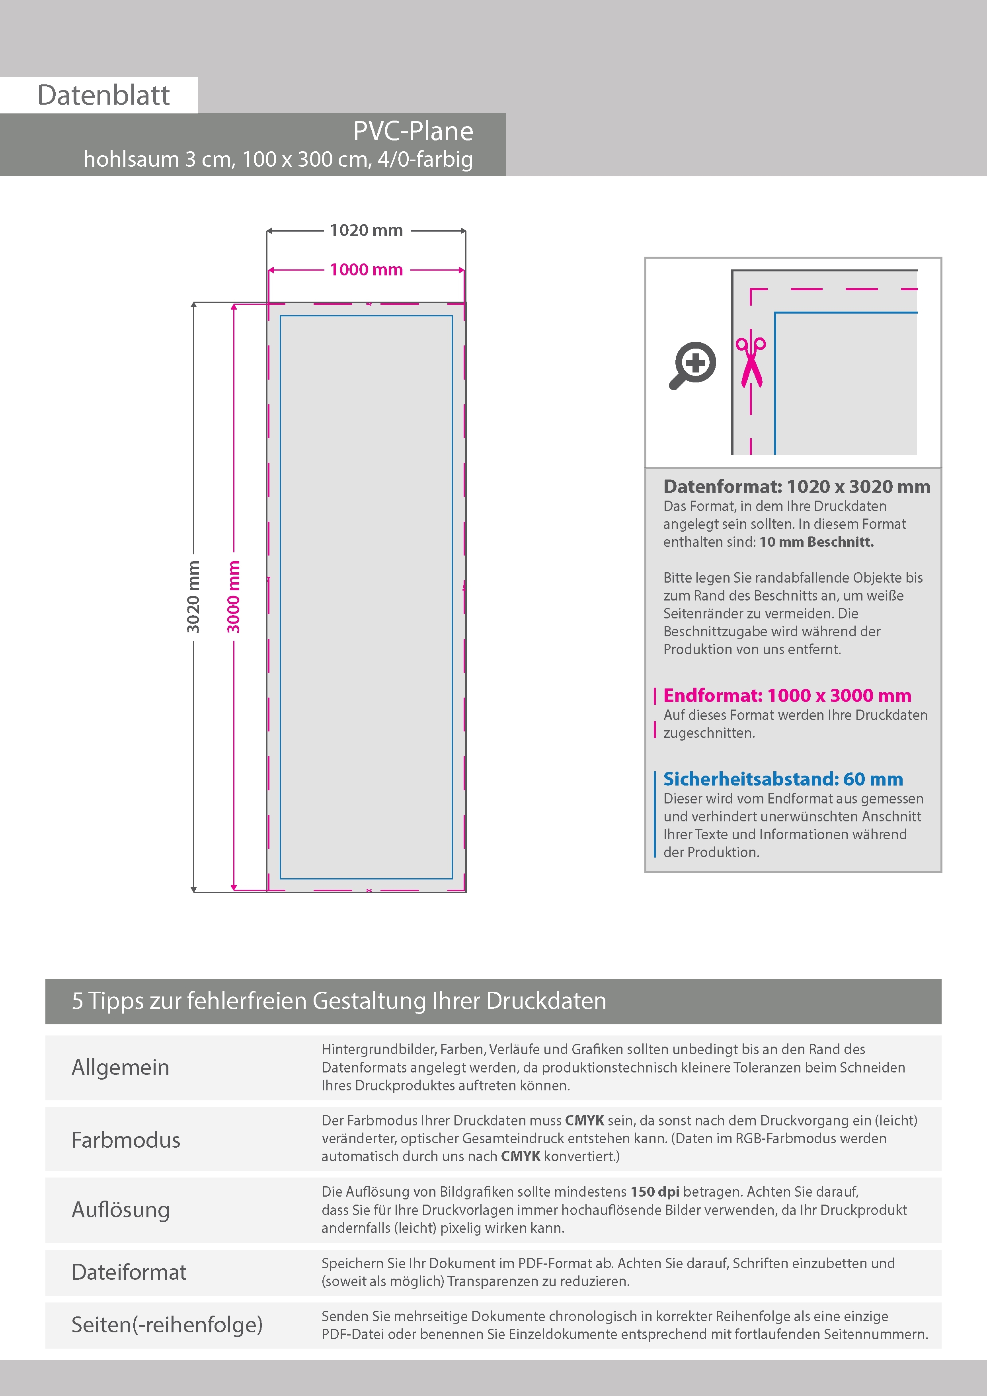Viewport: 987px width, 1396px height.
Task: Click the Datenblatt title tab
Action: pyautogui.click(x=103, y=95)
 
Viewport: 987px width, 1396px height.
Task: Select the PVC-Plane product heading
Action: pyautogui.click(x=413, y=131)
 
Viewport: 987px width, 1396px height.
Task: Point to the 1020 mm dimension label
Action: pyautogui.click(x=366, y=230)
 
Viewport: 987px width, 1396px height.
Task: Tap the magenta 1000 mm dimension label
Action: pyautogui.click(x=366, y=269)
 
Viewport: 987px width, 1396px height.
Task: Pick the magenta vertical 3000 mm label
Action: pyautogui.click(x=234, y=597)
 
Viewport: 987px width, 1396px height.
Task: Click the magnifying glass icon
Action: pyautogui.click(x=692, y=365)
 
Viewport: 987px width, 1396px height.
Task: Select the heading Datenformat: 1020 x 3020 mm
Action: pyautogui.click(x=797, y=486)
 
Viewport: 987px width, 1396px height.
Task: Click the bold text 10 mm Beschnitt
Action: pyautogui.click(x=816, y=542)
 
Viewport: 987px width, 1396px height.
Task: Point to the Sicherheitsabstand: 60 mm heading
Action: pyautogui.click(x=783, y=779)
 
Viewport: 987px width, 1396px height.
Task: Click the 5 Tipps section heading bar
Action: pyautogui.click(x=493, y=1001)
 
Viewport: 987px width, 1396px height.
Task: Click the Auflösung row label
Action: pyautogui.click(x=121, y=1210)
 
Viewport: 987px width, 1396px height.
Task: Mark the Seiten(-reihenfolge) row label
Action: pyautogui.click(x=167, y=1325)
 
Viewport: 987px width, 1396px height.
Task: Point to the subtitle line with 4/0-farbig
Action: pyautogui.click(x=278, y=159)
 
